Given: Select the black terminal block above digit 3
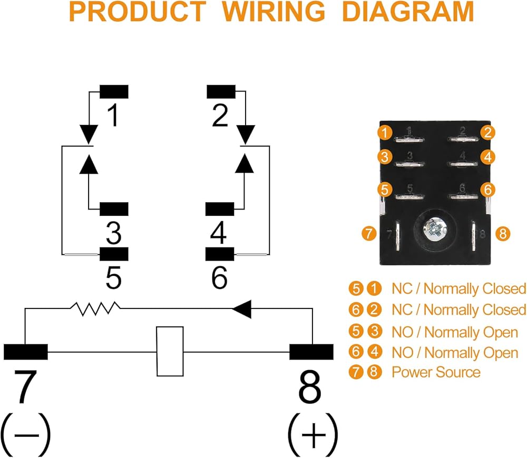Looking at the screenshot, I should tap(114, 209).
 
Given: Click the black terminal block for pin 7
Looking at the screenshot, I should tap(26, 351).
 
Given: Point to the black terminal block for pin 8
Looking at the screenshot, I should tap(311, 351).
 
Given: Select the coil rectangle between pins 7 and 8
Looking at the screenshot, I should tap(170, 351).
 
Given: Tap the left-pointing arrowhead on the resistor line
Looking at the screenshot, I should tap(241, 309).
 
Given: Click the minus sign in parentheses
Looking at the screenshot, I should tap(25, 436).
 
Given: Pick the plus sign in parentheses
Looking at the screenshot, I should tap(313, 436).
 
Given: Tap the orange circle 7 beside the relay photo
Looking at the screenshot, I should tap(369, 233).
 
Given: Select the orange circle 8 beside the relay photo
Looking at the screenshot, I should tap(503, 233).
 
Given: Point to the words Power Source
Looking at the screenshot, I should tap(436, 372).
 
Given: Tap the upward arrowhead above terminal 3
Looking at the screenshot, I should tap(89, 165).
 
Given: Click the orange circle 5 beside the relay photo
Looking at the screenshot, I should tap(386, 188).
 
